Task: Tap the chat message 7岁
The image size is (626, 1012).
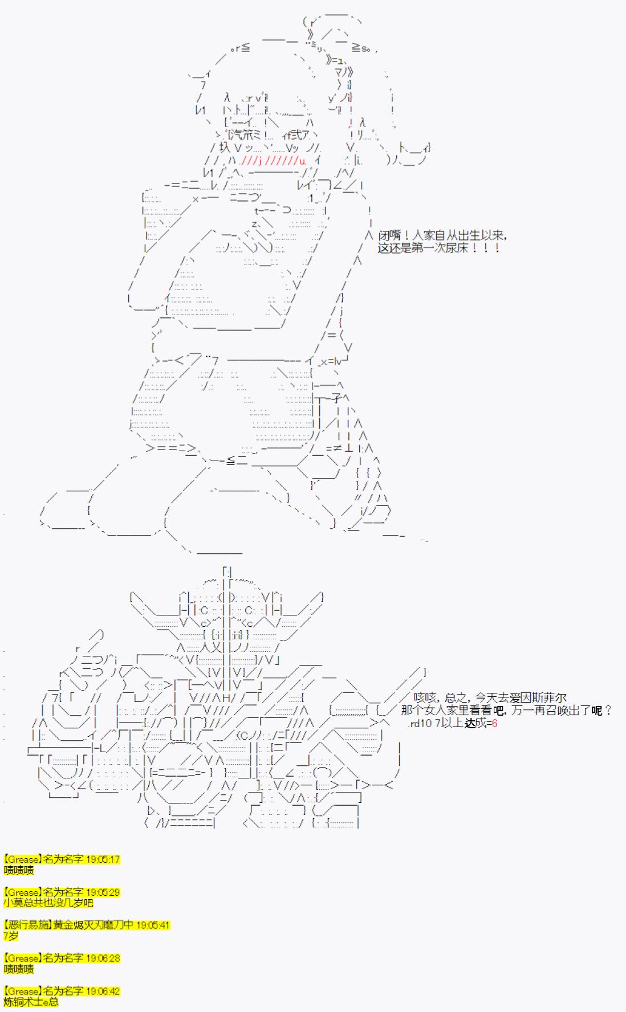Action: pyautogui.click(x=10, y=936)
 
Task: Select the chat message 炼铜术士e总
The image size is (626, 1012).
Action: pyautogui.click(x=31, y=1002)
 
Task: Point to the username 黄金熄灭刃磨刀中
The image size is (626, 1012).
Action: pyautogui.click(x=94, y=925)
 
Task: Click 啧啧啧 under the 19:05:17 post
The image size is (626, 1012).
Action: pyautogui.click(x=18, y=870)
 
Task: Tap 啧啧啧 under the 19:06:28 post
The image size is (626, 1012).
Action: pyautogui.click(x=18, y=969)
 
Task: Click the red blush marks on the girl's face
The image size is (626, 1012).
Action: pyautogui.click(x=273, y=161)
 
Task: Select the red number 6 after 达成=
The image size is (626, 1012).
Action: pyautogui.click(x=494, y=723)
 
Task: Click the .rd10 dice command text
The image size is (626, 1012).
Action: pyautogui.click(x=421, y=723)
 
